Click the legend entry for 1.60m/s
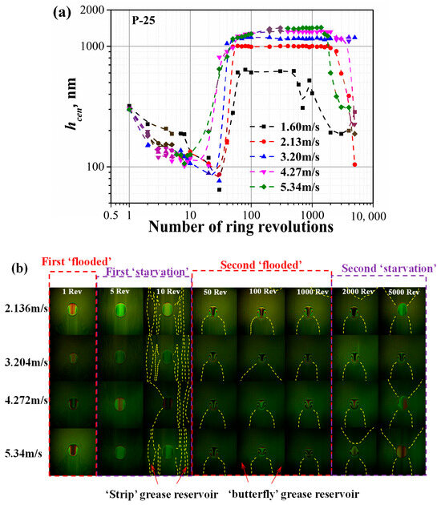(x=285, y=127)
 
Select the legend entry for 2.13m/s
(x=285, y=142)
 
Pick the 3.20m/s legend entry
(x=285, y=157)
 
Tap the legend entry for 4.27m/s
(x=285, y=172)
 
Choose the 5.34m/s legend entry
(x=285, y=187)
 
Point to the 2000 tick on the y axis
(x=92, y=10)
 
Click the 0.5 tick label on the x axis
(x=111, y=215)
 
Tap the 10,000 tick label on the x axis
(x=368, y=216)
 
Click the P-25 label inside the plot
(x=144, y=21)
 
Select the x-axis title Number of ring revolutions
(x=241, y=227)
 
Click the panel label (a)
(x=63, y=13)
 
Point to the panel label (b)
(x=20, y=269)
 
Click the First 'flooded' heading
(x=77, y=261)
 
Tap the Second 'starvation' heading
(x=389, y=269)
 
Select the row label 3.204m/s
(x=26, y=362)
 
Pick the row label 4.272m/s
(x=26, y=400)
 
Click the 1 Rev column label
(x=72, y=292)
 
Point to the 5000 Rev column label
(x=403, y=292)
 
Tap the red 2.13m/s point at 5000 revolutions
(x=354, y=164)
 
